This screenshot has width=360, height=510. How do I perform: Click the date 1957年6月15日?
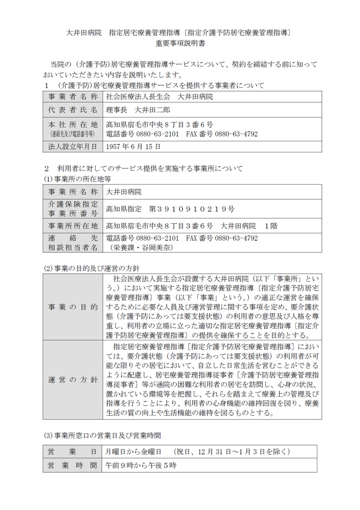pos(133,147)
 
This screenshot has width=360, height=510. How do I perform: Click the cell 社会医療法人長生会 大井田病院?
pos(159,96)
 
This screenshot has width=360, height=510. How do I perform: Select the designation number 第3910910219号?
pos(192,210)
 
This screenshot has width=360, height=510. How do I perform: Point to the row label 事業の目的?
pos(73,307)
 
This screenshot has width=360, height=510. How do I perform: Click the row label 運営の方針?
pos(73,380)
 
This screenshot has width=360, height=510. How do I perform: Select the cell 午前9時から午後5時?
pos(141,466)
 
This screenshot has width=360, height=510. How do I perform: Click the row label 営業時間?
pos(73,466)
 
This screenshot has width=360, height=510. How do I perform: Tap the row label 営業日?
pos(73,452)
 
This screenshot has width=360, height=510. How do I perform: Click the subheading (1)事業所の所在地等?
pos(80,179)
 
